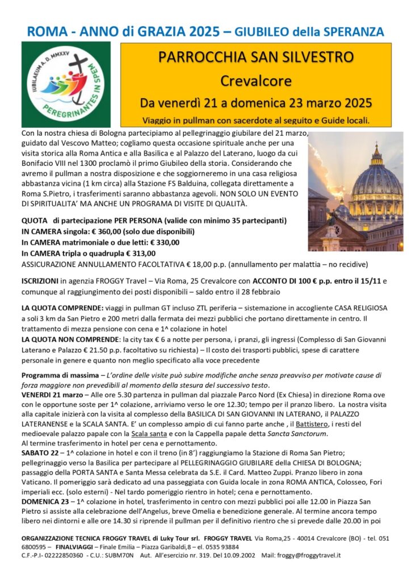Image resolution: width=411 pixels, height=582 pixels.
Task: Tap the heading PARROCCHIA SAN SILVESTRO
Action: [257, 57]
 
